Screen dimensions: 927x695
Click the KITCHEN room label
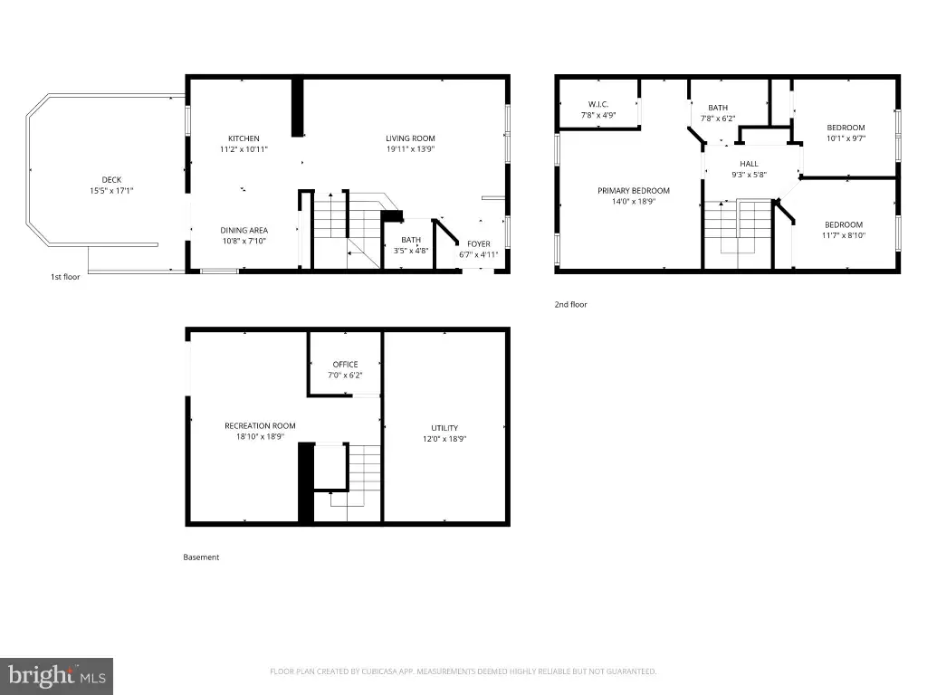pos(244,138)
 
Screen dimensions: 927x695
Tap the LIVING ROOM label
pos(410,138)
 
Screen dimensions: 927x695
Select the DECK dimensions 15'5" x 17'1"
pos(111,190)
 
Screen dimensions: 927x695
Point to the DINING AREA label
pos(244,230)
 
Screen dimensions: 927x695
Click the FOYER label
pos(478,243)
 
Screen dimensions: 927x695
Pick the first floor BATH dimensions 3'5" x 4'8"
pos(411,251)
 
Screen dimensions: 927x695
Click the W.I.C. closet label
pos(598,104)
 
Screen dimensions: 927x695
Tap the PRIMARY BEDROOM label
pos(633,190)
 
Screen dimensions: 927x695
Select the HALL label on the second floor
pos(749,164)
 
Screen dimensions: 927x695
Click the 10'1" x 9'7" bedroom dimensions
pos(846,138)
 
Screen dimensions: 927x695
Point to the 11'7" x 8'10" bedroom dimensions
pos(844,235)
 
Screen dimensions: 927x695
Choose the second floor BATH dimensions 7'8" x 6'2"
pos(718,119)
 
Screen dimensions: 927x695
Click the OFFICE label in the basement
pos(345,364)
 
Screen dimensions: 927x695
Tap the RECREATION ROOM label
pos(260,425)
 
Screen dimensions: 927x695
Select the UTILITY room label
pos(444,428)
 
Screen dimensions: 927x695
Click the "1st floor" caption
pos(65,277)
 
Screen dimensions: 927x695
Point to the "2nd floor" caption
pos(570,304)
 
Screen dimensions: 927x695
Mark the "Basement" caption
pos(201,557)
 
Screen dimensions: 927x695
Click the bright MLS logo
pos(56,676)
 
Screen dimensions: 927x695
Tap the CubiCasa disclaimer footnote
pos(463,671)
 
